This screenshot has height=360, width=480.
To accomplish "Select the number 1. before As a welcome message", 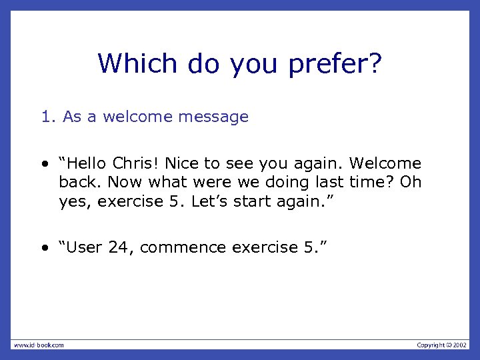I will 48,117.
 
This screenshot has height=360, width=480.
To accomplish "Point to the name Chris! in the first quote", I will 136,163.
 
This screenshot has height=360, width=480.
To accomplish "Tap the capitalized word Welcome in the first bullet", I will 385,163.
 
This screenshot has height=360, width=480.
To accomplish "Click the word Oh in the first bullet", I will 410,182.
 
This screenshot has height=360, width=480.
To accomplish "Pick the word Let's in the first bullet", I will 209,201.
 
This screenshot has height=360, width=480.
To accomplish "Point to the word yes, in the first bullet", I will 75,201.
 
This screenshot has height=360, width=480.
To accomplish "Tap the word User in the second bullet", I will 85,247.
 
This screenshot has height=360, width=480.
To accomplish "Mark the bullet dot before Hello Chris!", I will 43,164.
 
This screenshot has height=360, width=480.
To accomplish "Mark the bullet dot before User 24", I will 43,248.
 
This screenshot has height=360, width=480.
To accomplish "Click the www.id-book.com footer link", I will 39,345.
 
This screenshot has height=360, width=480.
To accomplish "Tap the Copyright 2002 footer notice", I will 442,345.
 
